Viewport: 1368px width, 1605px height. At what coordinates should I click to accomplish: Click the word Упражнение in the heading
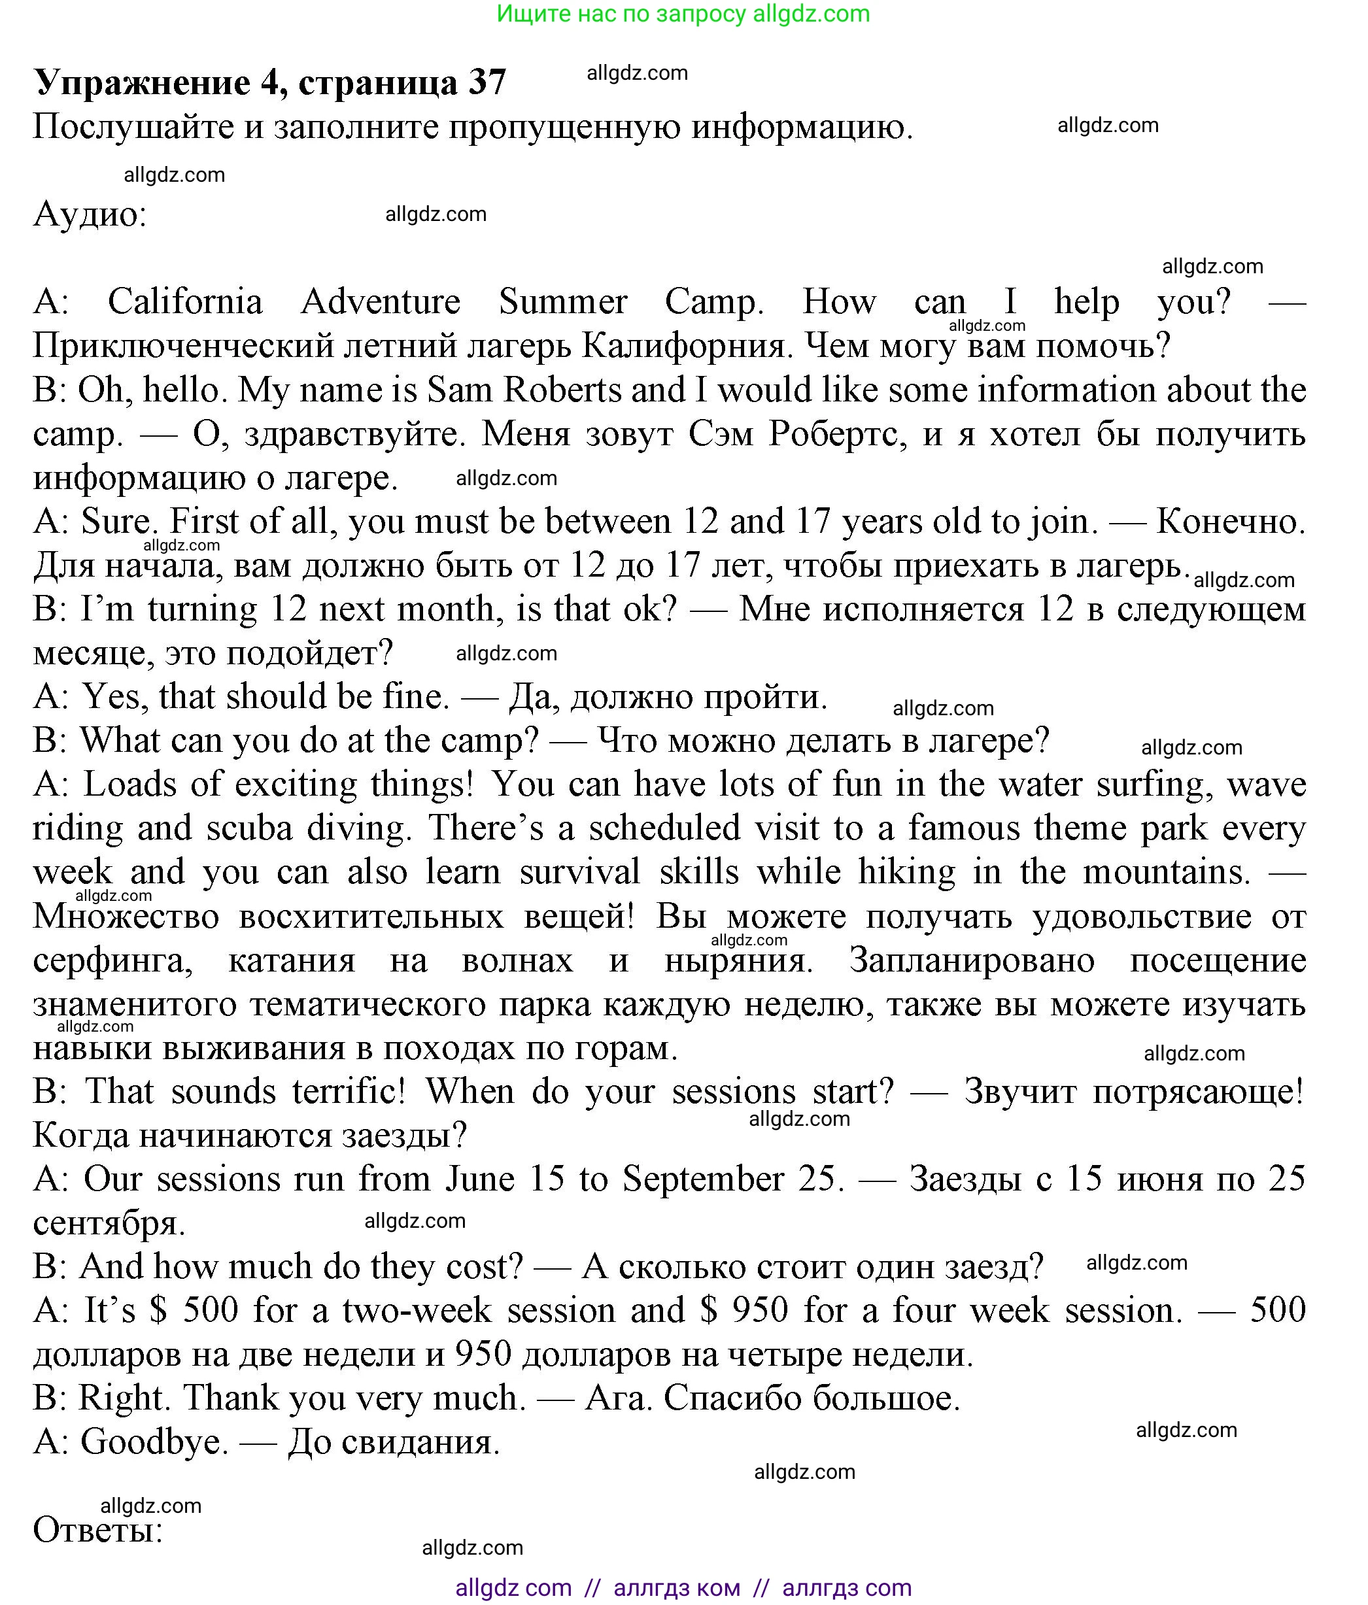[143, 82]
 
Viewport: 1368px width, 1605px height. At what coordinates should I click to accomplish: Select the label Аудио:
[90, 214]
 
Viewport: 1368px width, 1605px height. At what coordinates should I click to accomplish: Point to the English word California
[185, 301]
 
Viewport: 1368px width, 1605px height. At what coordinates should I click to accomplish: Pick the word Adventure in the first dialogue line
[381, 301]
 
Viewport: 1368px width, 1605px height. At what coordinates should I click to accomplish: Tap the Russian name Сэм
[721, 434]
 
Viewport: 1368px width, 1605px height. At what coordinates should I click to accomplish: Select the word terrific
[349, 1091]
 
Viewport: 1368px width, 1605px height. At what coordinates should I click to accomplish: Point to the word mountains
[1166, 872]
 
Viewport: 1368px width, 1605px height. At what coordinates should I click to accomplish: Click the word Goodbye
[154, 1442]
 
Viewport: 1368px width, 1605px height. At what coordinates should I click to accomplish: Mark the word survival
[579, 872]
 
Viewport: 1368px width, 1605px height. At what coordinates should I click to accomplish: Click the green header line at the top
[683, 14]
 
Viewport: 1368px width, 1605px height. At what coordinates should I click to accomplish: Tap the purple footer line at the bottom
[683, 1587]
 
